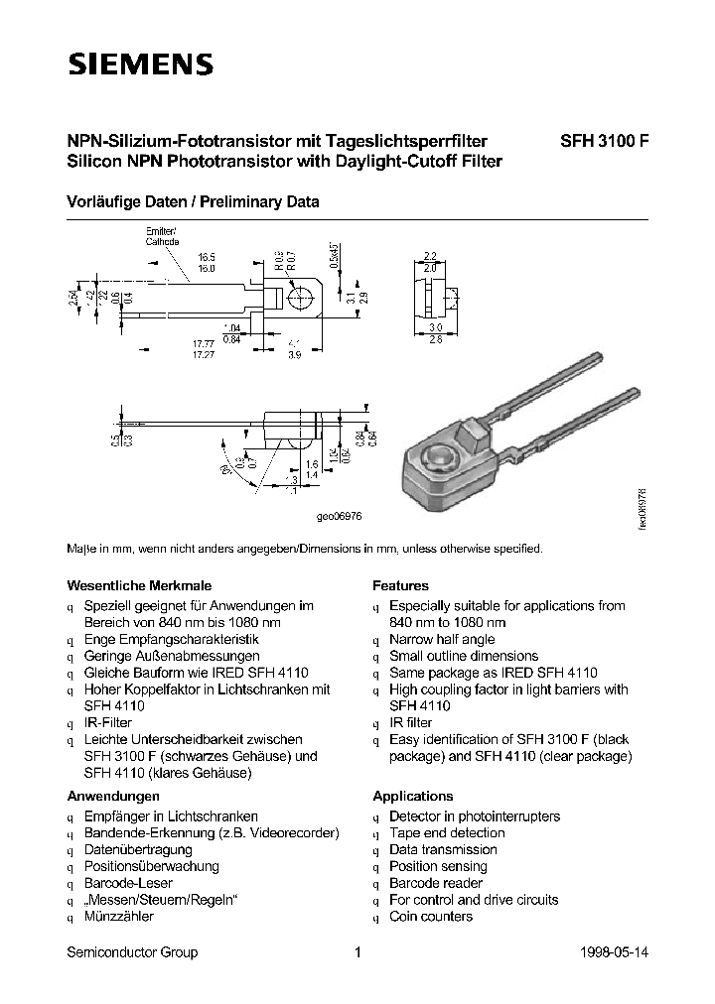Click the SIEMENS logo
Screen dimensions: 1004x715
pos(139,65)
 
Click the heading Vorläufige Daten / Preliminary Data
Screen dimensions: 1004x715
pos(193,201)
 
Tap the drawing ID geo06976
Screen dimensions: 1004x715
pos(340,517)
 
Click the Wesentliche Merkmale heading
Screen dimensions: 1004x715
pos(138,585)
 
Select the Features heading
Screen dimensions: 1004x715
pos(400,585)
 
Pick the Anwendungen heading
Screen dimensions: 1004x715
pos(113,796)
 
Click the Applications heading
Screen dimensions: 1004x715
pos(412,796)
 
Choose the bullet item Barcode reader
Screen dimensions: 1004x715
pos(435,883)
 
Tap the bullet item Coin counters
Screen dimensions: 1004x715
pos(430,917)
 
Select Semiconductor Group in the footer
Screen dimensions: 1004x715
pos(132,952)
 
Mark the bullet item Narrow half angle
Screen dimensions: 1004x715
pos(442,640)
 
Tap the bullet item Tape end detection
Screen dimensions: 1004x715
pos(447,833)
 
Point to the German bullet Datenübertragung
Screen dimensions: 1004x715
pos(138,849)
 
